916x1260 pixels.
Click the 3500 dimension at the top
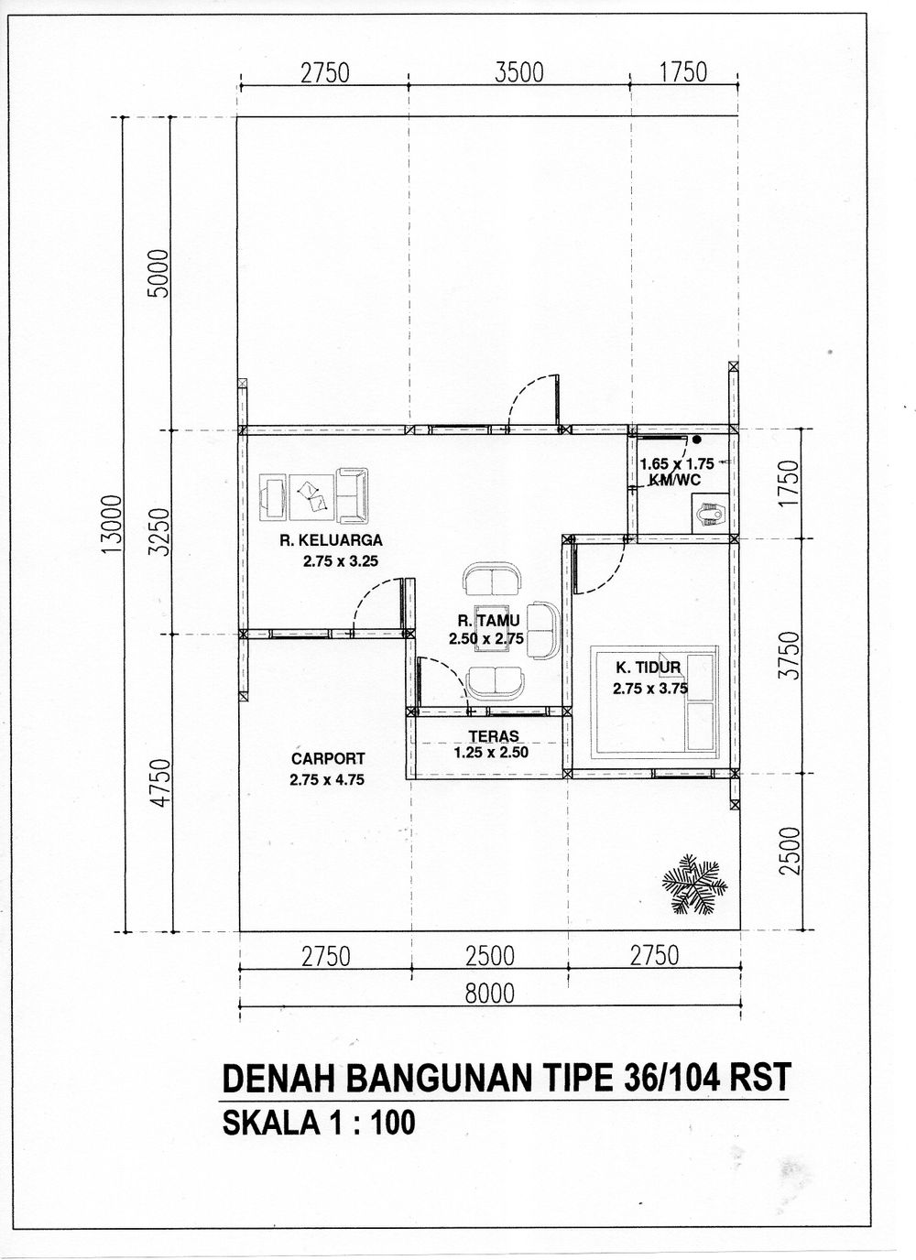click(519, 72)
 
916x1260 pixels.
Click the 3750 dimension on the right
click(791, 655)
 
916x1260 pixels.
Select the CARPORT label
click(328, 758)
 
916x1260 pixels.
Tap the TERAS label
click(494, 735)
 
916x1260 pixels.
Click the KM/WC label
click(677, 477)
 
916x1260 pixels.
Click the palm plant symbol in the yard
click(694, 884)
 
